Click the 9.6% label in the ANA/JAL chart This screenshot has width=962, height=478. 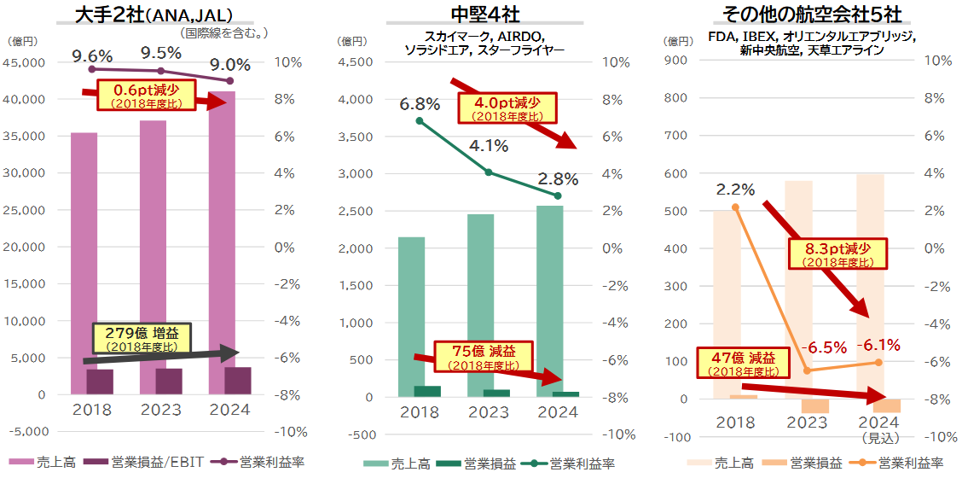tap(92, 55)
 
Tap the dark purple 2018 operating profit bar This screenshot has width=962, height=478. tap(100, 381)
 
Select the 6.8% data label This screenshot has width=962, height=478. tap(420, 104)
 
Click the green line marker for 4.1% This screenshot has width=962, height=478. tap(489, 172)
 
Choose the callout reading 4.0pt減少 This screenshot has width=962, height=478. tap(507, 106)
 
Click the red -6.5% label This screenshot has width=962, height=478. tap(825, 347)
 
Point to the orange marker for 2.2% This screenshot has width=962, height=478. tap(736, 207)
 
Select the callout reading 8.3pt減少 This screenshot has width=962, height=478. tap(838, 254)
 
